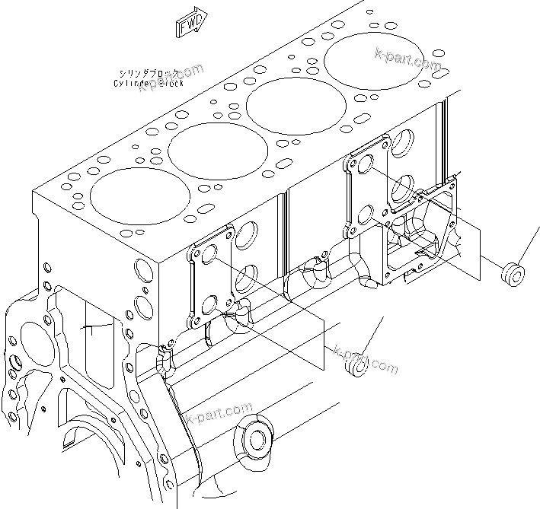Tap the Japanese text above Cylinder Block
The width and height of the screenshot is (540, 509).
click(148, 72)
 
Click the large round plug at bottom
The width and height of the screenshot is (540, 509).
click(254, 440)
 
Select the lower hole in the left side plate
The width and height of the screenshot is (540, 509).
click(209, 307)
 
